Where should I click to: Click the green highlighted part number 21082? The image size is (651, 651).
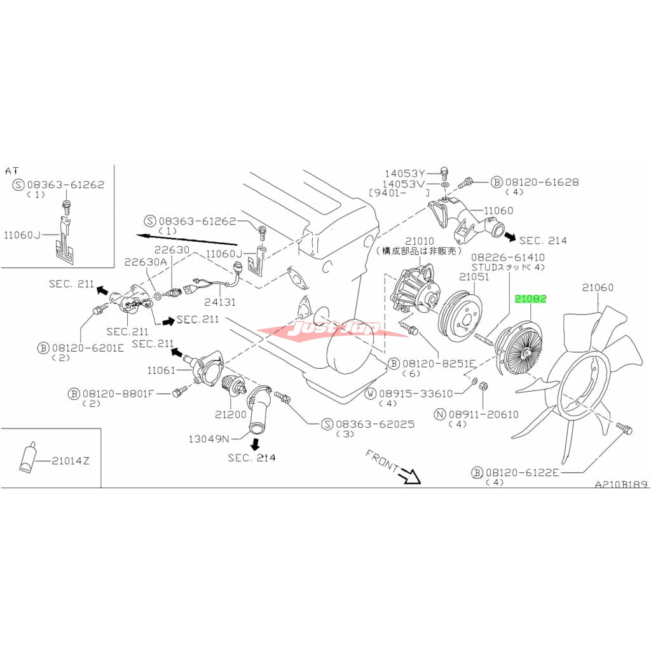pyautogui.click(x=530, y=298)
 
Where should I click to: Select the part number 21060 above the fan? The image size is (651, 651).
pyautogui.click(x=598, y=288)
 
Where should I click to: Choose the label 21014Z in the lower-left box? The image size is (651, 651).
pyautogui.click(x=71, y=460)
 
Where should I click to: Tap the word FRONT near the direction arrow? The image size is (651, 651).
pyautogui.click(x=381, y=460)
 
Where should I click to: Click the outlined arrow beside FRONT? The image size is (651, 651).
pyautogui.click(x=411, y=475)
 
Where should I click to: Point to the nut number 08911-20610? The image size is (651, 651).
pyautogui.click(x=484, y=415)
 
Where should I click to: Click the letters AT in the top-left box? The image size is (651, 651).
pyautogui.click(x=13, y=171)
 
